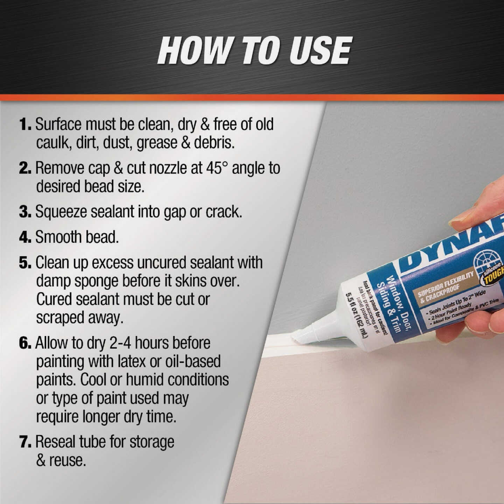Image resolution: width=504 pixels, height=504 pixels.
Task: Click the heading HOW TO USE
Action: click(254, 51)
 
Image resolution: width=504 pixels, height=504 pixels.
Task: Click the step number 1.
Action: click(25, 125)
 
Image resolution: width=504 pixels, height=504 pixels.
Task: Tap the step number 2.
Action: click(25, 168)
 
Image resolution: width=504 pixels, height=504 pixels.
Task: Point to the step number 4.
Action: click(25, 238)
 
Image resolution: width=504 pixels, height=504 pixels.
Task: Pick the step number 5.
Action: click(25, 263)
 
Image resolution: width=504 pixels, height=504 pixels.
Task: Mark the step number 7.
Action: click(25, 442)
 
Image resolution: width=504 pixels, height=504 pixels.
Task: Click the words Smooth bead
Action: click(77, 238)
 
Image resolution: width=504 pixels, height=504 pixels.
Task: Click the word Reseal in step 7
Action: click(55, 442)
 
